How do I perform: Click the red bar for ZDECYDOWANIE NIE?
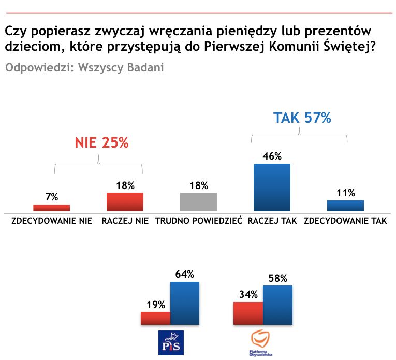(51, 208)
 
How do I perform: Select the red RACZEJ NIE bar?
(125, 201)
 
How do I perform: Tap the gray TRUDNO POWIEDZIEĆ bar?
(198, 201)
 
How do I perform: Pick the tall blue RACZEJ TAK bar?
(271, 187)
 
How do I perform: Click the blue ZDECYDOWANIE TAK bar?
(345, 206)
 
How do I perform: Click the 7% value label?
(51, 197)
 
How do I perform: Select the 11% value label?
(345, 193)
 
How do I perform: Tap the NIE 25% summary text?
(101, 143)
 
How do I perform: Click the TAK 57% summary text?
(302, 118)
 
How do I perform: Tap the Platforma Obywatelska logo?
(261, 342)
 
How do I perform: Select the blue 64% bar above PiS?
(185, 304)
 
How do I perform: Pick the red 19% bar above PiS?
(156, 318)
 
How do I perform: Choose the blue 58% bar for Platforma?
(278, 305)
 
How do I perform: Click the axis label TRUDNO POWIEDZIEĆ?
(198, 221)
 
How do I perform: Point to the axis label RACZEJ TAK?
(272, 221)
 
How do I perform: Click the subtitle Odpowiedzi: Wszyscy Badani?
(84, 68)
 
